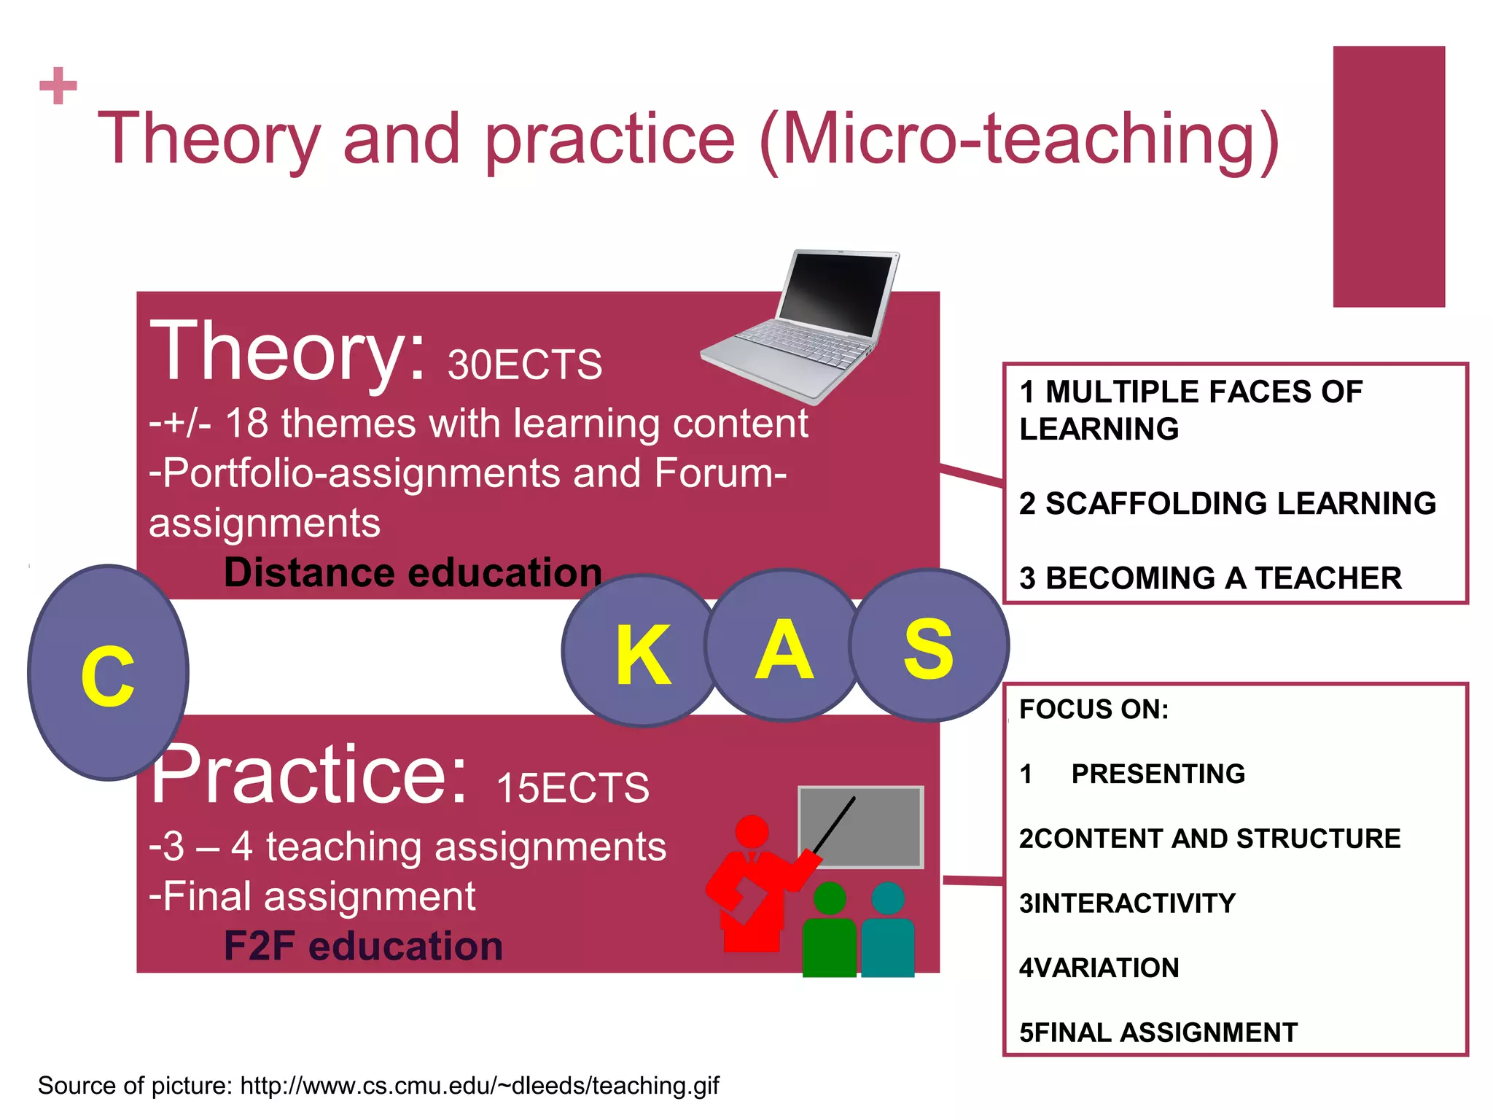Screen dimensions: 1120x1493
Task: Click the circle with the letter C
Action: [x=108, y=672]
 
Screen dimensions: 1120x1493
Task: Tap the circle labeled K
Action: [x=641, y=651]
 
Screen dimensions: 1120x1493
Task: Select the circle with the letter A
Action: [x=784, y=646]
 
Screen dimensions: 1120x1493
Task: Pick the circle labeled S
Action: [x=929, y=646]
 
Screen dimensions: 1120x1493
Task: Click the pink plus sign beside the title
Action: [x=58, y=86]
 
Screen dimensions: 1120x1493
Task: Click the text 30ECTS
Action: [x=525, y=365]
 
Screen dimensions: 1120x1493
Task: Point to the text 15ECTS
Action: [x=572, y=788]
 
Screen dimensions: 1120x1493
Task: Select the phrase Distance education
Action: [x=413, y=572]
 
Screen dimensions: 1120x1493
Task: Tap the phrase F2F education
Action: [x=363, y=946]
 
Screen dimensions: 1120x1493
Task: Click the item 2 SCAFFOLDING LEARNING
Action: [x=1228, y=503]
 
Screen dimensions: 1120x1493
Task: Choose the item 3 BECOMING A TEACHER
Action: [x=1210, y=578]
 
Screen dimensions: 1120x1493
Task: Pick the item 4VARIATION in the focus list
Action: [x=1099, y=968]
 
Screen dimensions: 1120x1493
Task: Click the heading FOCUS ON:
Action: [x=1094, y=709]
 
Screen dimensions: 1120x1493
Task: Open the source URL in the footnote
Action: [x=480, y=1086]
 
